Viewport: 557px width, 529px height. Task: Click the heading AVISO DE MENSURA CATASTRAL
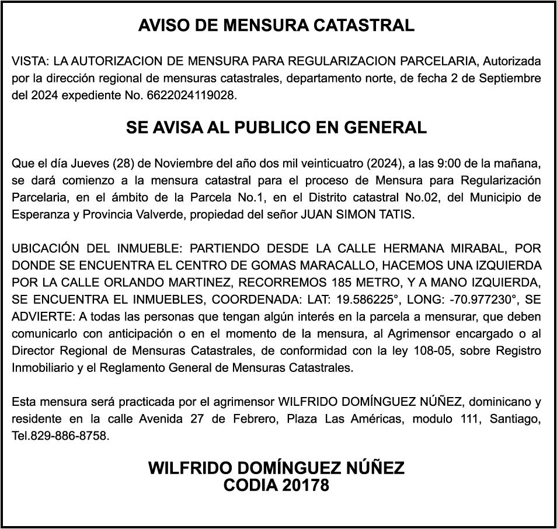pos(276,26)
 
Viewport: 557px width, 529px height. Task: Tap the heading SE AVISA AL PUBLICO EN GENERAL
pos(276,127)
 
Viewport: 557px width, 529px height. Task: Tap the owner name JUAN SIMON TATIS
pos(357,214)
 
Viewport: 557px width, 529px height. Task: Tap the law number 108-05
pos(433,351)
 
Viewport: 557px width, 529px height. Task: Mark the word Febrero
pos(254,419)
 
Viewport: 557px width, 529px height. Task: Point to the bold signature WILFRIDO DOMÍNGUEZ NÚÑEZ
pos(276,468)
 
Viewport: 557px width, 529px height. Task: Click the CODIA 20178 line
pos(276,485)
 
